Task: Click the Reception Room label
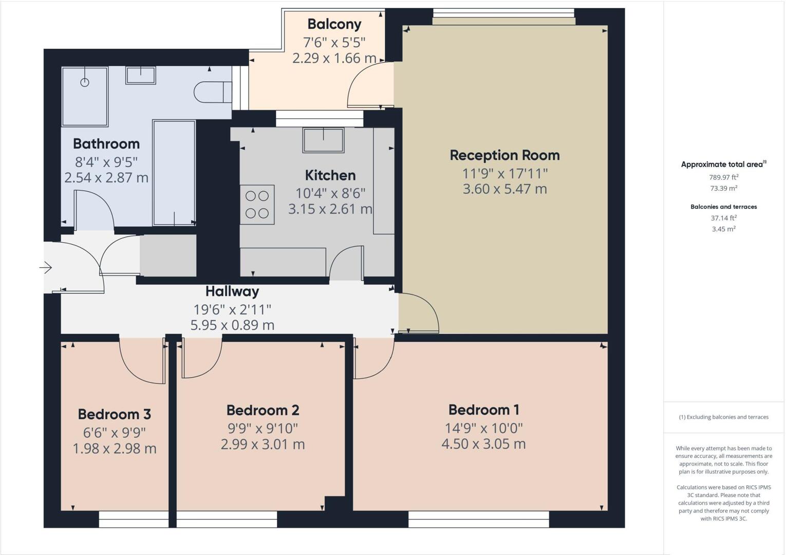point(504,155)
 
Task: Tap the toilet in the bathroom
point(212,92)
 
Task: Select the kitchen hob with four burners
point(257,205)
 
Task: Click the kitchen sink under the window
point(323,140)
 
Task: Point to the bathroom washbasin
point(140,75)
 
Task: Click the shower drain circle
point(85,82)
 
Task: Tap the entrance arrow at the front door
point(46,268)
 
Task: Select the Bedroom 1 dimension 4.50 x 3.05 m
point(483,444)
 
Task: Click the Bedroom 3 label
point(114,414)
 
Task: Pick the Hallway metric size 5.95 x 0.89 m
point(232,325)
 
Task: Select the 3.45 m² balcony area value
point(723,229)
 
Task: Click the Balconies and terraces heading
point(723,207)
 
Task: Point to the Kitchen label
point(330,175)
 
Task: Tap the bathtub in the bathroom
point(174,173)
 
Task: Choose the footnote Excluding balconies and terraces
point(723,417)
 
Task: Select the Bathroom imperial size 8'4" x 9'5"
point(106,162)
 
